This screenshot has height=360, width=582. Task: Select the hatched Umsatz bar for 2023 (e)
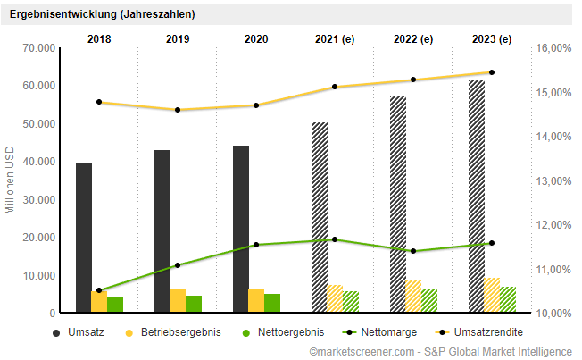click(477, 197)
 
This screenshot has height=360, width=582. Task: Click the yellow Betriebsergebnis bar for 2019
click(178, 301)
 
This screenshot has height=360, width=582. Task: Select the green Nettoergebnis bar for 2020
click(272, 304)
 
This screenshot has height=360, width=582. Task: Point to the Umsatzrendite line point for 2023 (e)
click(492, 72)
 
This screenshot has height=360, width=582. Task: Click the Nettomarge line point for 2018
click(99, 290)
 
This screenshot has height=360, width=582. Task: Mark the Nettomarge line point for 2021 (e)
click(335, 239)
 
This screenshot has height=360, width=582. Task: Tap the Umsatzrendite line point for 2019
click(178, 110)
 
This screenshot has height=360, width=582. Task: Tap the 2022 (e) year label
click(412, 38)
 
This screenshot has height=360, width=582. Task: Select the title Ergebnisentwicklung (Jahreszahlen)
click(102, 14)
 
